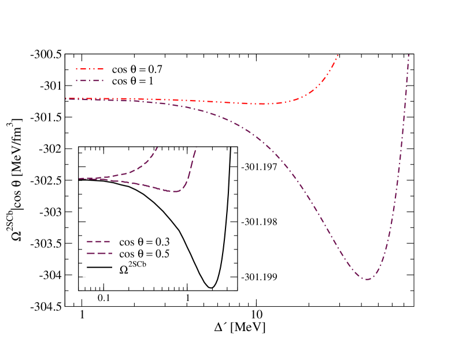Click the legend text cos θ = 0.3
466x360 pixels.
[x=144, y=242]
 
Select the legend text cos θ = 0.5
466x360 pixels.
[x=144, y=254]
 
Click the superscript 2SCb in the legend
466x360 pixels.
[x=138, y=265]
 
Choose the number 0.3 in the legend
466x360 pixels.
[x=162, y=242]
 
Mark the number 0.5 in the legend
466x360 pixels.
[x=162, y=254]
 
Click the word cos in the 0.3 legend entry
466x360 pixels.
[x=127, y=242]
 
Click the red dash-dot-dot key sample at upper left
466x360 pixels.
[x=89, y=69]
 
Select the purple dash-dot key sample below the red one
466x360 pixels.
[x=89, y=80]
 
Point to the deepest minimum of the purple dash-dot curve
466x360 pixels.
[x=367, y=280]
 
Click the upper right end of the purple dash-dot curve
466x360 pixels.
[x=409, y=55]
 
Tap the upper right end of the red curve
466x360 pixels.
[x=338, y=55]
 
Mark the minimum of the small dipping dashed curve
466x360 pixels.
[x=176, y=191]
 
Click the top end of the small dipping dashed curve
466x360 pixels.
[x=197, y=148]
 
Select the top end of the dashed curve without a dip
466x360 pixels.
[x=157, y=147]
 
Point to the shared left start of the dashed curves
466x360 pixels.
[x=80, y=179]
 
